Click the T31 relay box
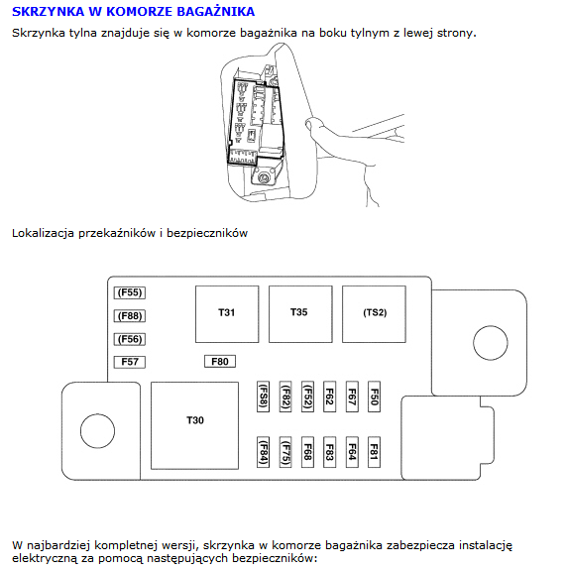(x=227, y=314)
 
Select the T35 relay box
(x=300, y=314)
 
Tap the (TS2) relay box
(x=374, y=314)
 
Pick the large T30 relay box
(x=195, y=425)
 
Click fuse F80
(x=220, y=362)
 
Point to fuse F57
(x=130, y=362)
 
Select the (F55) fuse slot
(x=130, y=292)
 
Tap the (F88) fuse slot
(x=130, y=316)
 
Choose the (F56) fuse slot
(x=130, y=339)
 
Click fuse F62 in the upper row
(x=329, y=397)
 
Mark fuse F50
(x=374, y=397)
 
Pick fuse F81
(x=374, y=452)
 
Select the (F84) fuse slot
(x=263, y=452)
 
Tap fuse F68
(x=307, y=452)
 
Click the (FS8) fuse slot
(x=263, y=397)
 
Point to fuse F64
(x=352, y=452)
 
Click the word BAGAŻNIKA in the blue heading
(x=215, y=11)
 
